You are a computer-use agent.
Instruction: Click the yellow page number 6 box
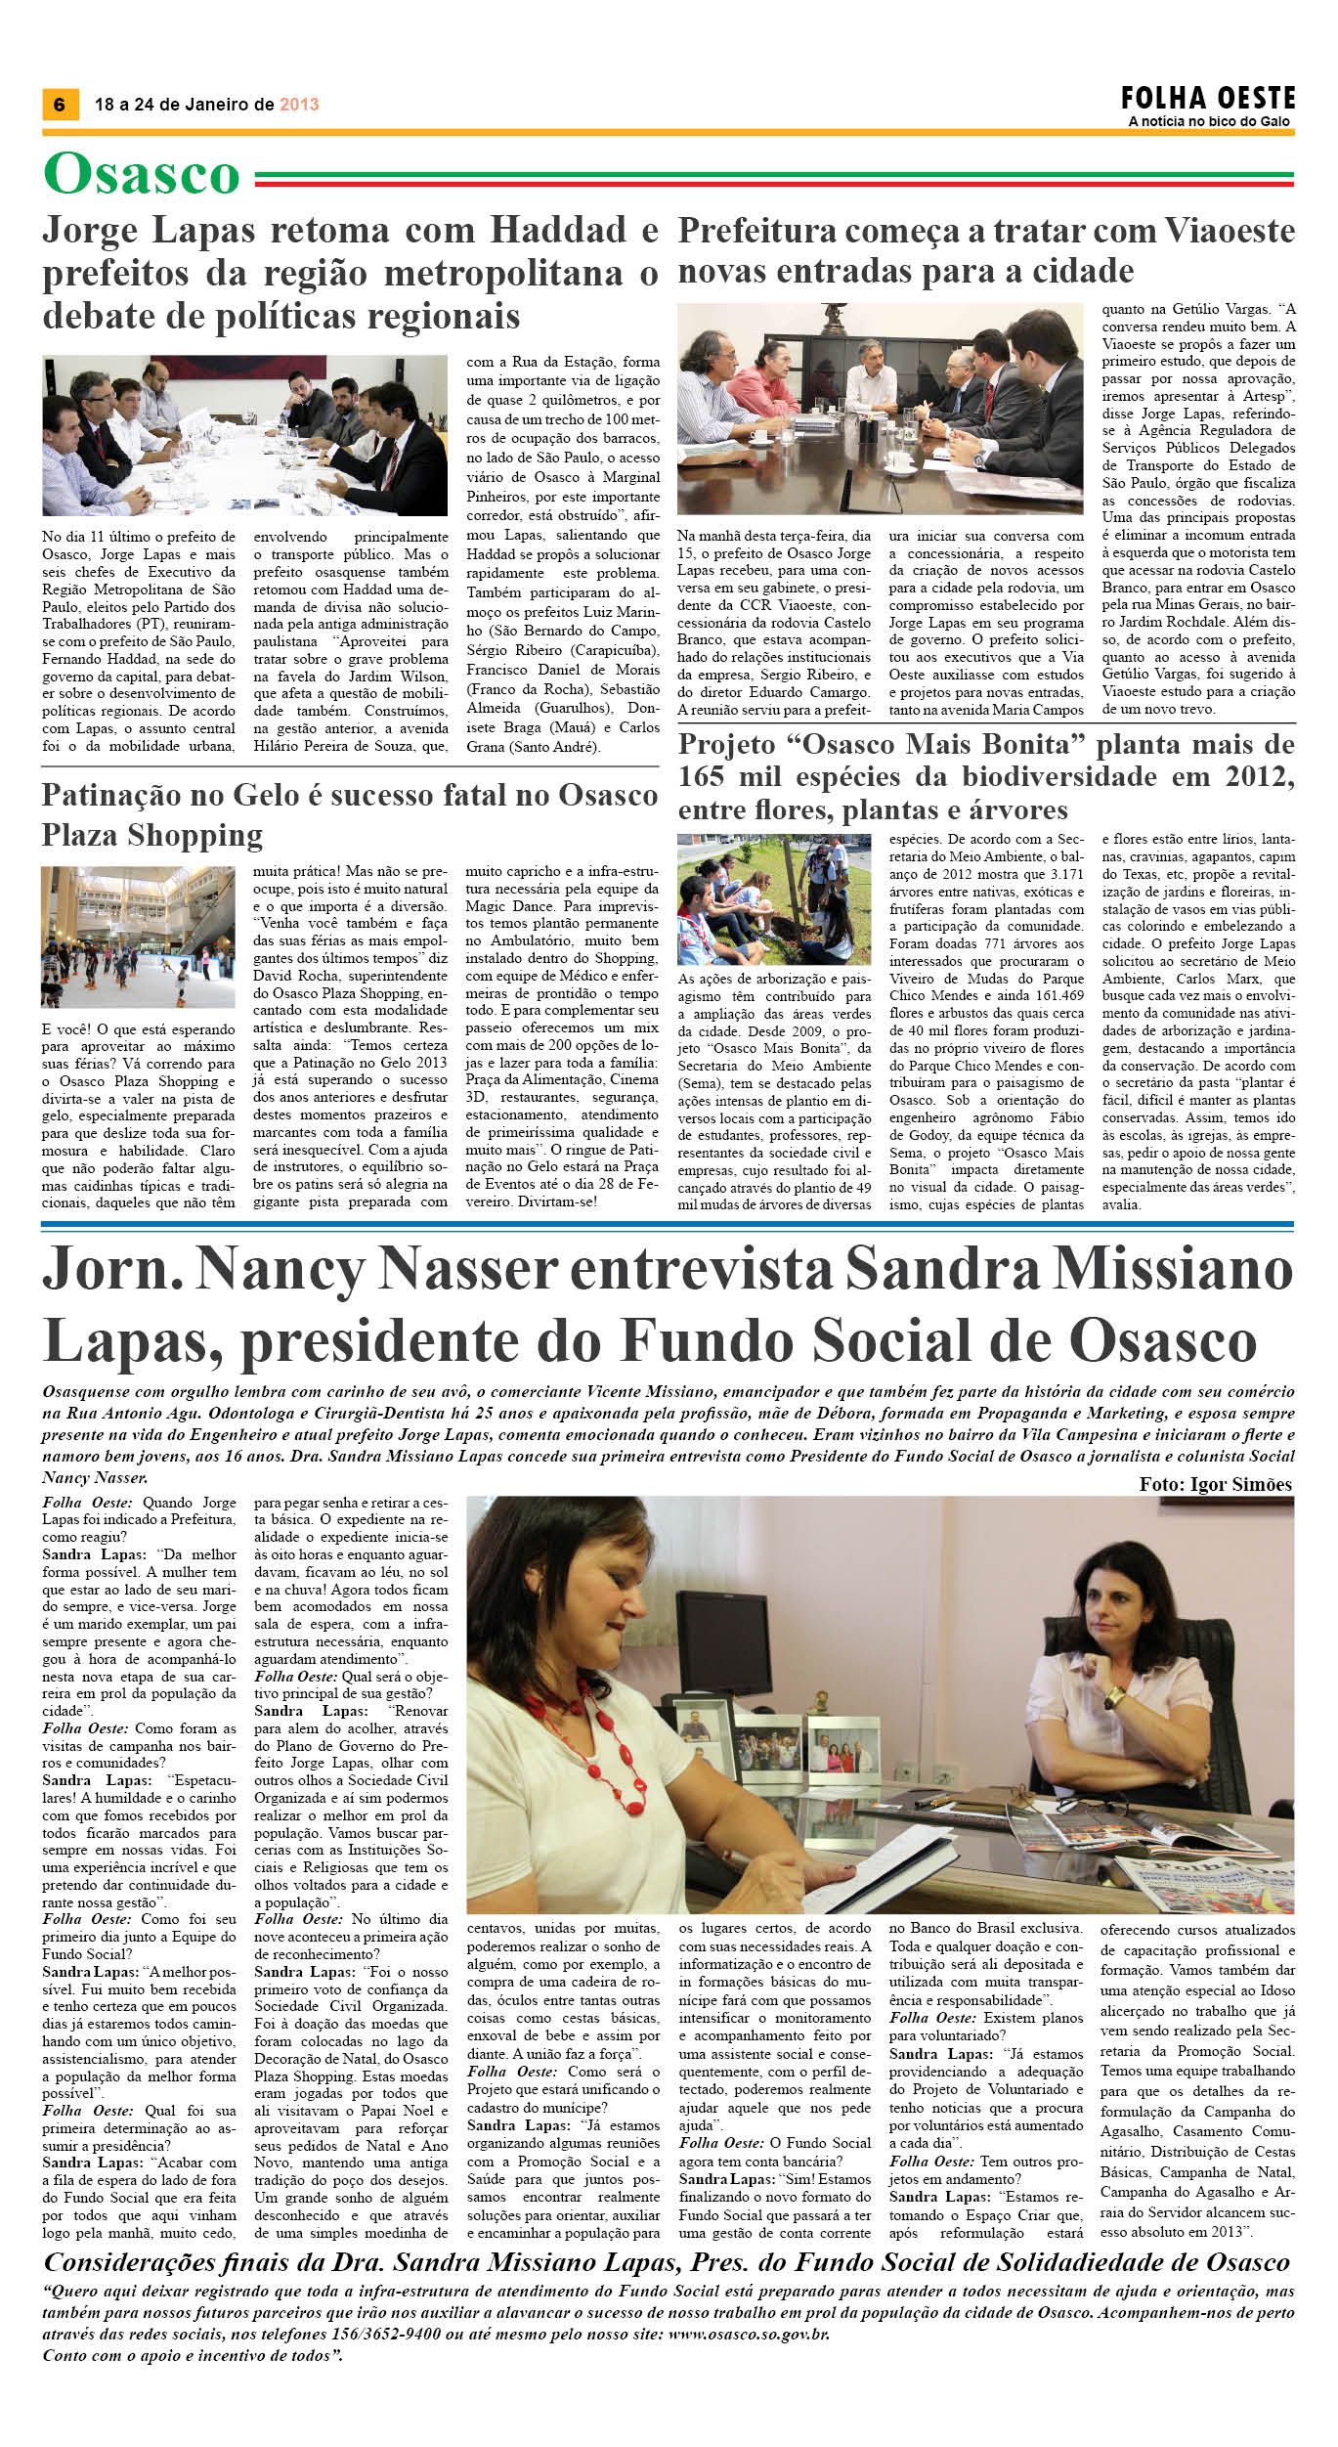click(x=60, y=105)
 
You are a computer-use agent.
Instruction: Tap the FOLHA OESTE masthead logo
click(x=1208, y=99)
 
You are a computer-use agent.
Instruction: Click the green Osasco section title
click(x=142, y=175)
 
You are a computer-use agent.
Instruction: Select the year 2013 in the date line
click(x=299, y=105)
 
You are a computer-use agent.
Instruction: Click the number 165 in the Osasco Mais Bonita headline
click(x=702, y=777)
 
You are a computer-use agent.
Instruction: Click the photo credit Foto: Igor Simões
click(x=1215, y=1484)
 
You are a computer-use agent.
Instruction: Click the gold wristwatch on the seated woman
click(x=1114, y=1698)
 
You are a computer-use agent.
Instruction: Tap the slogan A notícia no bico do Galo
click(x=1209, y=121)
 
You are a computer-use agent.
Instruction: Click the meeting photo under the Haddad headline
click(x=244, y=435)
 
